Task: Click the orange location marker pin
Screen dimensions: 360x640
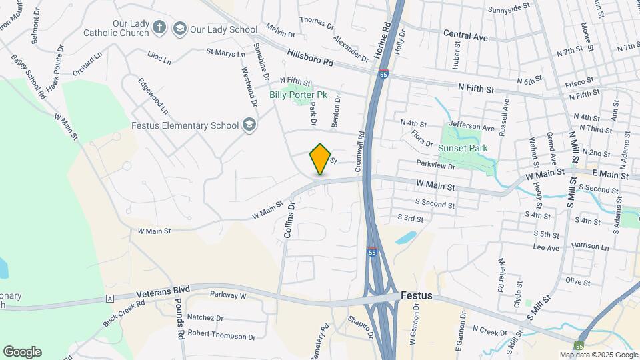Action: point(321,159)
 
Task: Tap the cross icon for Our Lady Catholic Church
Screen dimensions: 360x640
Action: point(159,27)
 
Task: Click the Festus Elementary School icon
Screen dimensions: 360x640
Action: point(249,125)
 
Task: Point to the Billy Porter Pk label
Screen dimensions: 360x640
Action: point(298,95)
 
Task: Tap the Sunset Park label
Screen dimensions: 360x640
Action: point(463,148)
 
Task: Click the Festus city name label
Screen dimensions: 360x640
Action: point(417,295)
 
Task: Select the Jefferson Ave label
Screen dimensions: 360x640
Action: point(471,127)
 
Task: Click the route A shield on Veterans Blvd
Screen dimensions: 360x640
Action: point(107,299)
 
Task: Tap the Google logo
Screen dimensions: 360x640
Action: point(22,352)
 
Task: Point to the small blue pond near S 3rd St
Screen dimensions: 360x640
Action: point(405,237)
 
